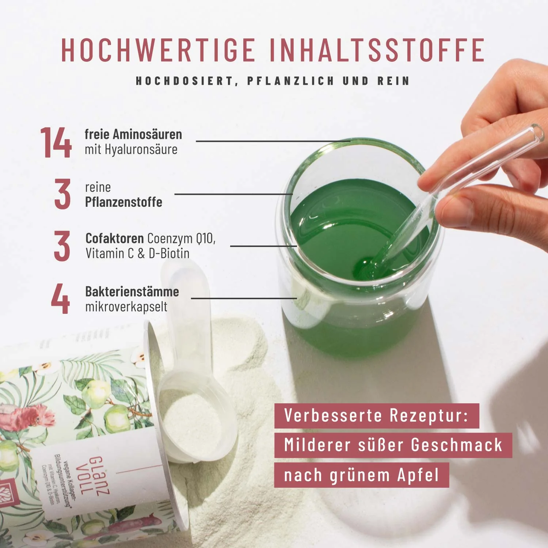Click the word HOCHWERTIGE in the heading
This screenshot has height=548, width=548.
[158, 50]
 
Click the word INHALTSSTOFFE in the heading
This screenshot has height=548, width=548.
[377, 50]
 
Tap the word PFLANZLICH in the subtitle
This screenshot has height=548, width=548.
[290, 81]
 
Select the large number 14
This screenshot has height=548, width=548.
[56, 143]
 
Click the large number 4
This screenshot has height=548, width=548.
[60, 299]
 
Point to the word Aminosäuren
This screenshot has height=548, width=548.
[147, 134]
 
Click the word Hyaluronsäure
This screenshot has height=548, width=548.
[141, 149]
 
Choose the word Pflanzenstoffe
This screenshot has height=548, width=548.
[123, 202]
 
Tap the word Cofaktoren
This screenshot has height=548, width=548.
[114, 238]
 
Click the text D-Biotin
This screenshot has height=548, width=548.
[169, 254]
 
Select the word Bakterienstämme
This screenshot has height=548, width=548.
[132, 292]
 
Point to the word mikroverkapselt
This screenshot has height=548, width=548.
[126, 307]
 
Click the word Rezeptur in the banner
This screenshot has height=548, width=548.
[429, 416]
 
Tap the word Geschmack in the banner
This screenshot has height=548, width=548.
[457, 445]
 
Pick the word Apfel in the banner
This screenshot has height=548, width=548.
[418, 475]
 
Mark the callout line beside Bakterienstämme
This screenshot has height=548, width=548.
[244, 298]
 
